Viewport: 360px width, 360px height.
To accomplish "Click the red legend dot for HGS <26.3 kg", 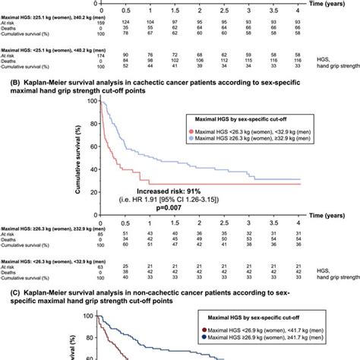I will tap(194, 130).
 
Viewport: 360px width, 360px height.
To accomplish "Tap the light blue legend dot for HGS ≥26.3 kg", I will tap(194, 138).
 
